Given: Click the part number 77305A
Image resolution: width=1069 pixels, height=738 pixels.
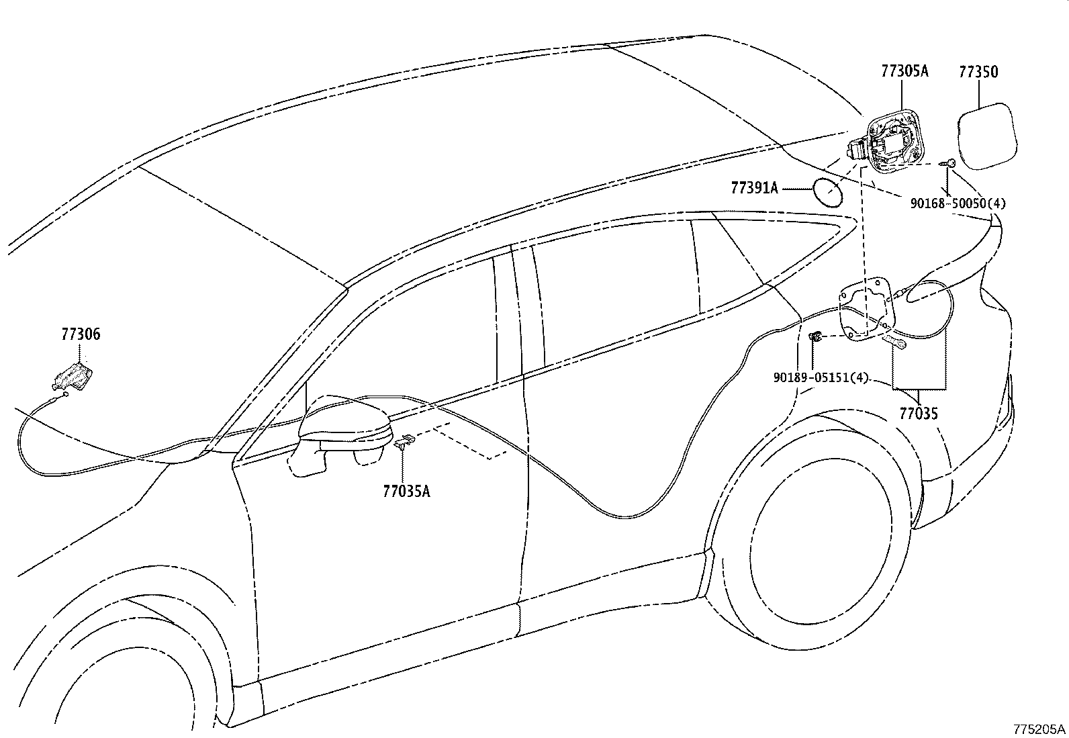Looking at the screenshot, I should (904, 71).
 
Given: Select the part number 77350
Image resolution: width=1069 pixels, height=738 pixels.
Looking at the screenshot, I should (978, 71).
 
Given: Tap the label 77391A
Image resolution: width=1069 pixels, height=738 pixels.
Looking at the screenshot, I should (754, 189).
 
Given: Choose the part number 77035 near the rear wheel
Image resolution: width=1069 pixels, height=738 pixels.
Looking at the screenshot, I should (919, 414).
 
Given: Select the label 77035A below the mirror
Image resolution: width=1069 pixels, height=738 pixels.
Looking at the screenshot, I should (406, 491).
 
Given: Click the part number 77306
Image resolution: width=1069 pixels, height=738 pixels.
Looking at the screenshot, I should (81, 334).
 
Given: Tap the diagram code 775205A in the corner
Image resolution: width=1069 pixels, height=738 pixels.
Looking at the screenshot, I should (1039, 729).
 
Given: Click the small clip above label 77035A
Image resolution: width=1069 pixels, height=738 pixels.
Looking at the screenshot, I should (405, 441).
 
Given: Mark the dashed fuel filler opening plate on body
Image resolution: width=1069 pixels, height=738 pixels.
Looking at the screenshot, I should (868, 310).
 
